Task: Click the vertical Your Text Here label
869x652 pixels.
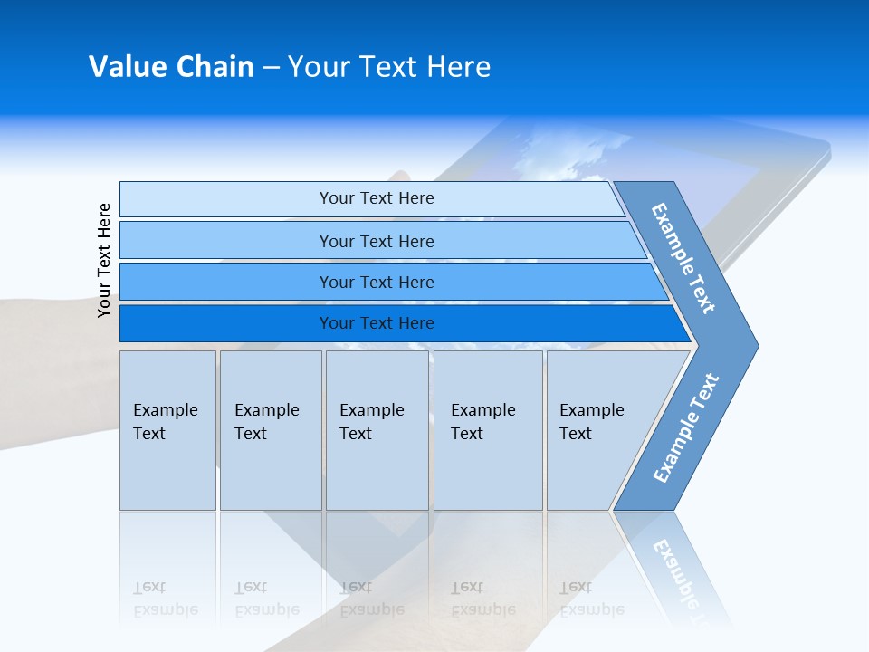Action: coord(104,260)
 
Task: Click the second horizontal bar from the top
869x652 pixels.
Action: coord(376,241)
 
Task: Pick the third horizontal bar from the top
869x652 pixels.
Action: coord(376,282)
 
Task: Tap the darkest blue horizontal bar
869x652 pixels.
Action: coord(376,323)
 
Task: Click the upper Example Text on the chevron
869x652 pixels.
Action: coord(683,258)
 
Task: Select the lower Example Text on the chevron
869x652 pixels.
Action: coord(685,428)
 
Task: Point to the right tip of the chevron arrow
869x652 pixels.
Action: coord(757,346)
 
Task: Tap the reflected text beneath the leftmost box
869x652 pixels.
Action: coord(166,598)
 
